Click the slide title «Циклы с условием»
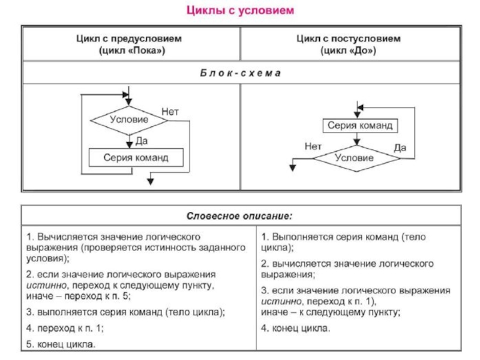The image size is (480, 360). pos(239,11)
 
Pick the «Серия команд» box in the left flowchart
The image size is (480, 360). pos(136,158)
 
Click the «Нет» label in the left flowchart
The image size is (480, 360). pos(170,112)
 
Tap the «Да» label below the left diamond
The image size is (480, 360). pos(142,140)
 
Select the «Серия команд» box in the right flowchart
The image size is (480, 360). pos(359,125)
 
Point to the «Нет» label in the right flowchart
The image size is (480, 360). pos(313,146)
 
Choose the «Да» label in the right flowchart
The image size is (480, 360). pos(400,147)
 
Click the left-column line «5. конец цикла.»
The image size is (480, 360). pos(61,344)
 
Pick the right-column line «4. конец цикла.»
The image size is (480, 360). pos(295,328)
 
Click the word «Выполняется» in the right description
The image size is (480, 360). pos(298,236)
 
